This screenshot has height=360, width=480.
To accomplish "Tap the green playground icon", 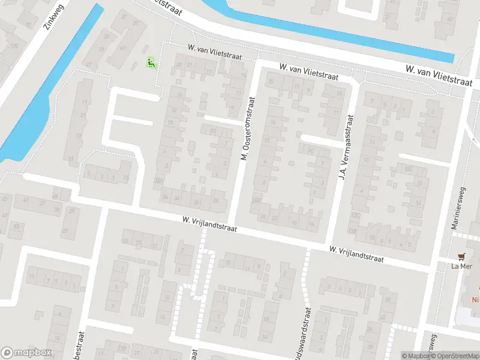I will pyautogui.click(x=151, y=62).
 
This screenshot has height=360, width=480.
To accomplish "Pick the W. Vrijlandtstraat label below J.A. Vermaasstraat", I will pyautogui.click(x=356, y=253).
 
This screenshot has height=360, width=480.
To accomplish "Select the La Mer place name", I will pyautogui.click(x=463, y=266).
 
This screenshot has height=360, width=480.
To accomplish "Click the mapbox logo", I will pyautogui.click(x=26, y=353).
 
